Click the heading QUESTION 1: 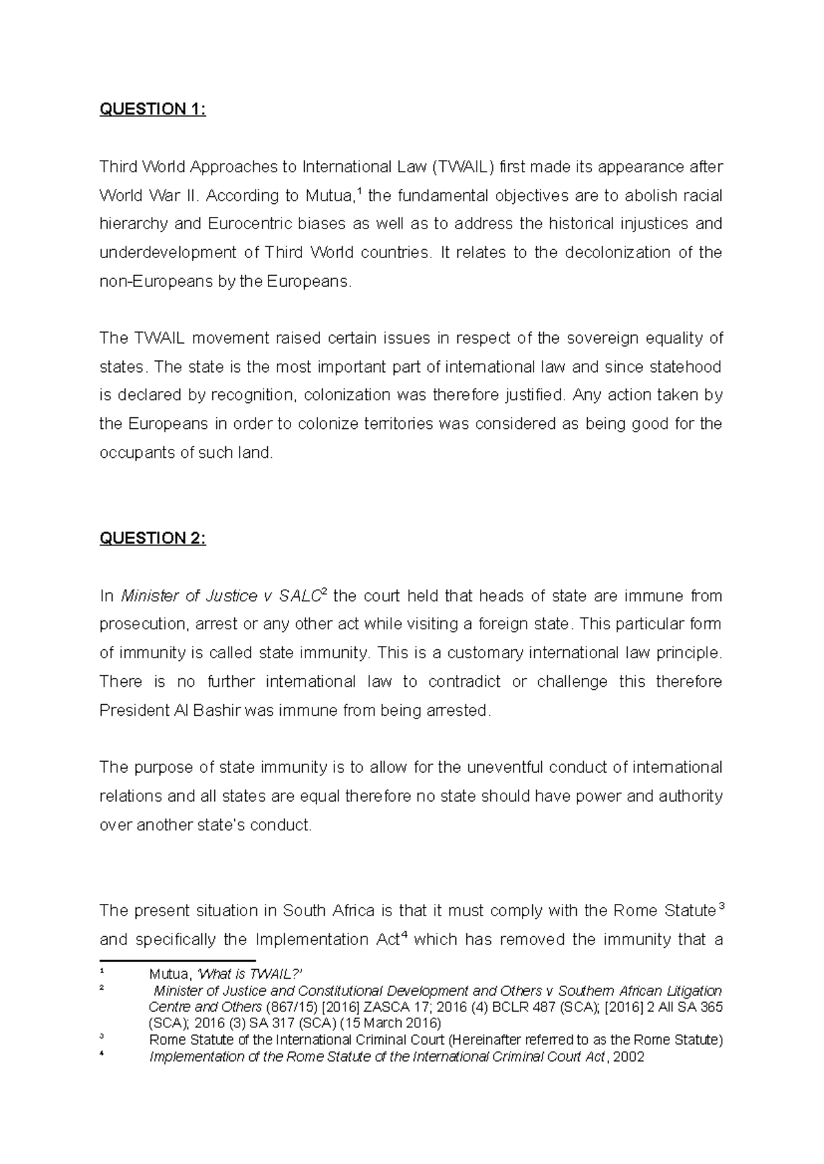pyautogui.click(x=152, y=110)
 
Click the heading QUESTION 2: pyautogui.click(x=152, y=539)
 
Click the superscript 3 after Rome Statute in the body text pyautogui.click(x=719, y=907)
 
